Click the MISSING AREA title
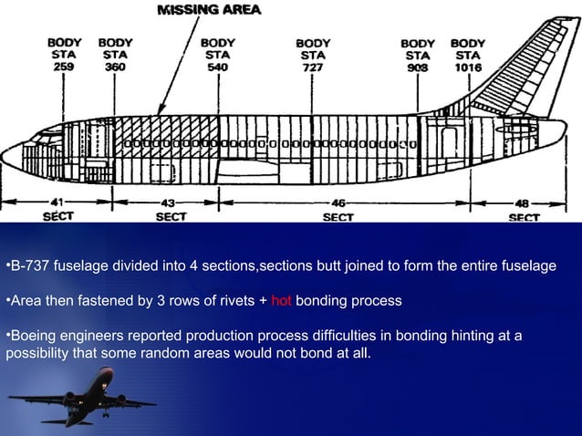[x=210, y=10]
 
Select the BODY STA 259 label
[x=63, y=55]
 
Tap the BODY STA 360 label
[x=116, y=55]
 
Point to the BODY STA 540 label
[x=218, y=55]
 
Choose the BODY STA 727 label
[x=314, y=56]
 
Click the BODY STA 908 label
[x=418, y=56]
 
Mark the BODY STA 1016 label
[x=468, y=56]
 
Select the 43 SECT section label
[x=170, y=209]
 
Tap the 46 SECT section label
[x=338, y=209]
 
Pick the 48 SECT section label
[x=524, y=209]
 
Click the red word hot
[x=281, y=301]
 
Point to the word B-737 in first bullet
[x=27, y=266]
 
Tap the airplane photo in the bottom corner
[x=82, y=398]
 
